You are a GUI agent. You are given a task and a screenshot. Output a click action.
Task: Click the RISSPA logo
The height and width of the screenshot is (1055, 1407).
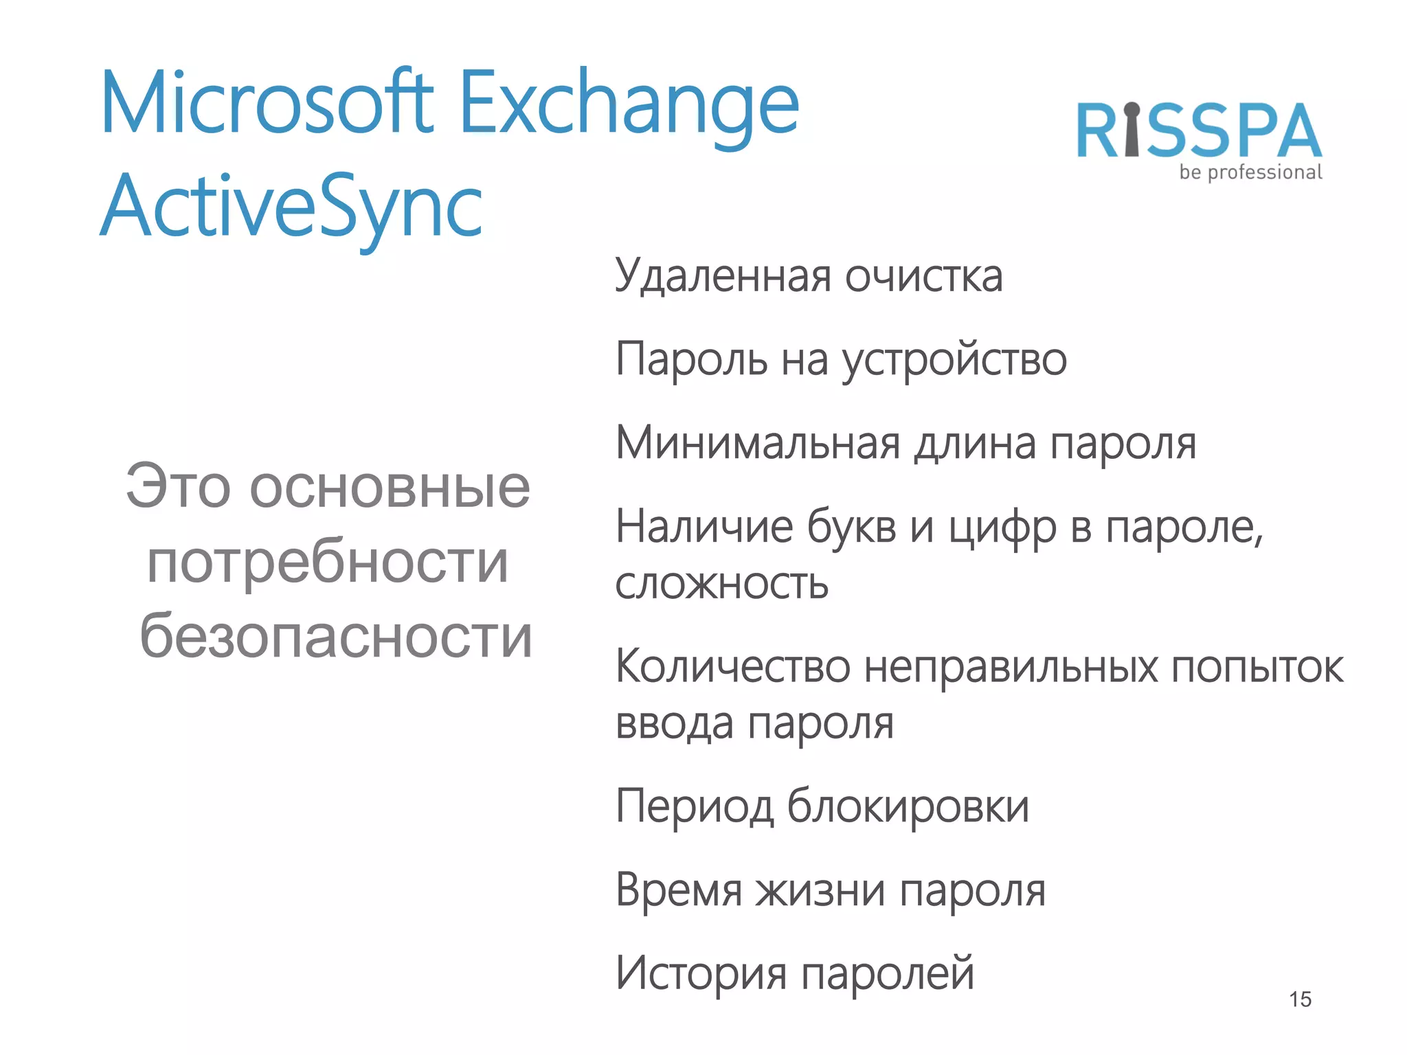[x=1199, y=131]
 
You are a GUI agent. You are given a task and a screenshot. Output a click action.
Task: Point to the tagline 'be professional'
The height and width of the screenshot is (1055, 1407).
[x=1250, y=172]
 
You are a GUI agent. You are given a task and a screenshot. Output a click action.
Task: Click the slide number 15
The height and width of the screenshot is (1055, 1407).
[x=1300, y=999]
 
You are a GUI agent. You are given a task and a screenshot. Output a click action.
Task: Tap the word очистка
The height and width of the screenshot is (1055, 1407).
[x=923, y=276]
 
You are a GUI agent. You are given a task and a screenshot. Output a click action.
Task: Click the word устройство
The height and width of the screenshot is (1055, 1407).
[x=954, y=360]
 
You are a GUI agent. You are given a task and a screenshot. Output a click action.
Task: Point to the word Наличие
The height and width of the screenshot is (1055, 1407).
[x=704, y=527]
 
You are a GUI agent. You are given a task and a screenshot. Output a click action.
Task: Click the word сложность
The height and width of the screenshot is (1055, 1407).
[x=721, y=584]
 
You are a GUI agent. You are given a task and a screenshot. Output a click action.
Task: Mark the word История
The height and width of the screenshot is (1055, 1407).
[x=701, y=973]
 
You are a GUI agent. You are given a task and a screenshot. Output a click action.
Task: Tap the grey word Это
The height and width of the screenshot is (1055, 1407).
[x=178, y=488]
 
